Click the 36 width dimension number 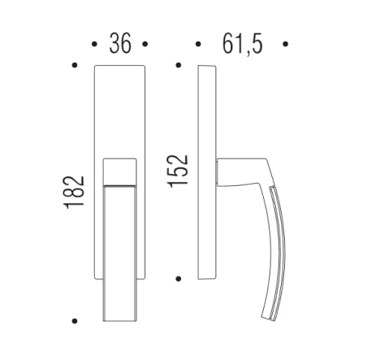[x=120, y=43]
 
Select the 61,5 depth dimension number [x=242, y=43]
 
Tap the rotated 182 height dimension [x=75, y=193]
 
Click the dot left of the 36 [x=96, y=43]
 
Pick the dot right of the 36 [x=145, y=43]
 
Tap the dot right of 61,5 [x=285, y=43]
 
